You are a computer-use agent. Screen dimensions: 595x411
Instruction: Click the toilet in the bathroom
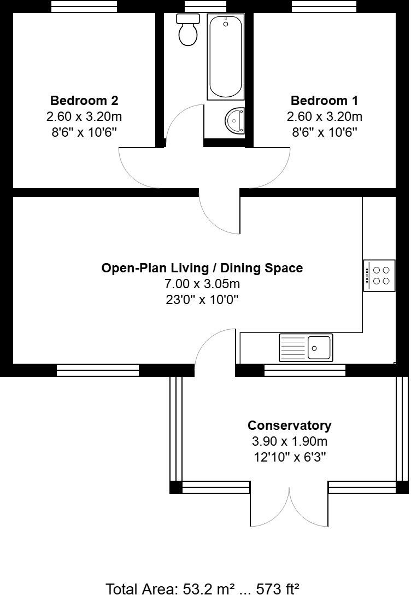coord(188,30)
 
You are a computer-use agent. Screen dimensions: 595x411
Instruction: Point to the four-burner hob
coord(380,275)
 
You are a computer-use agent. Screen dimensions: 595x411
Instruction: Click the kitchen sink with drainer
coord(306,347)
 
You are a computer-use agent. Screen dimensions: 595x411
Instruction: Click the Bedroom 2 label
coord(84,101)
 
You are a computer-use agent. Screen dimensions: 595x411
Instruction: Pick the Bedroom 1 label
coord(325,101)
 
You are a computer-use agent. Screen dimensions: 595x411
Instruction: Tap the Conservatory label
coord(289,425)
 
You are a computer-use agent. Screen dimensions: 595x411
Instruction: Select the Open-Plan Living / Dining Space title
coord(202,268)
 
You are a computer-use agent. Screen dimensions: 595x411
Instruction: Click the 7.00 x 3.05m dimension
coord(202,284)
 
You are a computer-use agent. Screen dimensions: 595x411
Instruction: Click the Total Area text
coord(202,588)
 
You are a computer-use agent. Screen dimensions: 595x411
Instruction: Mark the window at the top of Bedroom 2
coord(84,6)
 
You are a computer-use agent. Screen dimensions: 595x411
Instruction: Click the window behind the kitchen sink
coord(305,370)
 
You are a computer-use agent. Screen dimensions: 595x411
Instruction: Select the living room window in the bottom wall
coord(98,370)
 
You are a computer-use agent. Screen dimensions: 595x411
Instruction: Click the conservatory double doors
coord(289,506)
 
